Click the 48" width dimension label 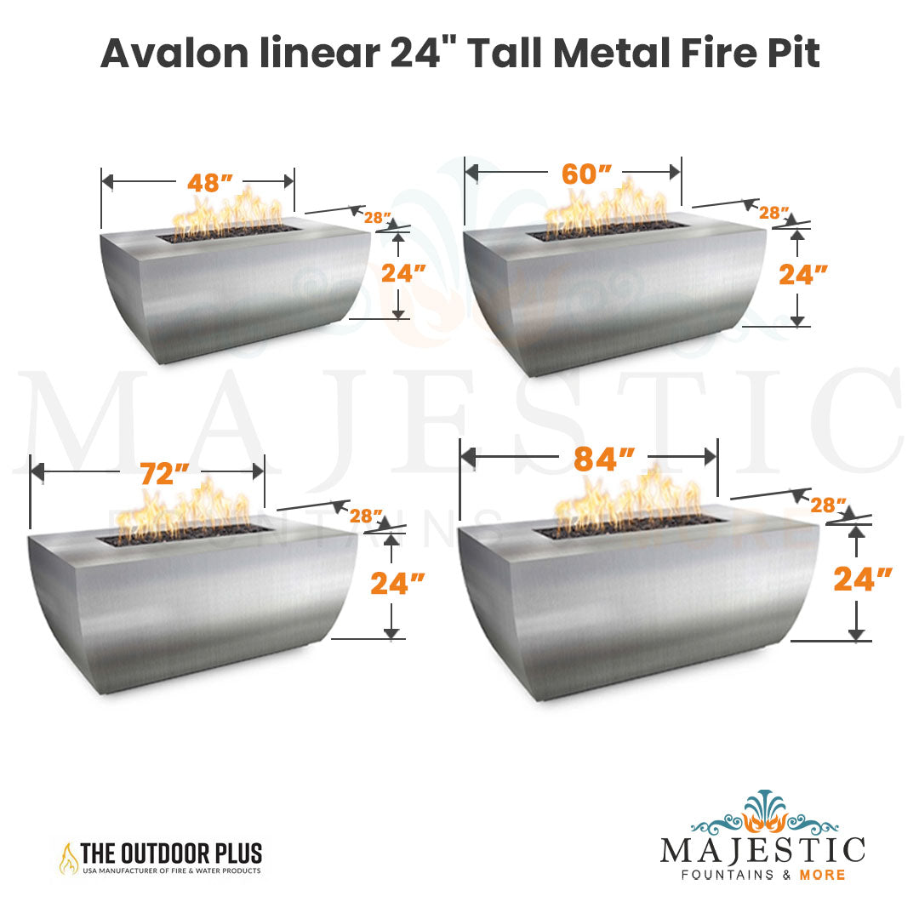[210, 183]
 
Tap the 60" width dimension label [586, 174]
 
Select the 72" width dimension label [165, 474]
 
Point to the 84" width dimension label [604, 459]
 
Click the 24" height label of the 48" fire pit [404, 273]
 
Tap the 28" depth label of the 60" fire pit [773, 213]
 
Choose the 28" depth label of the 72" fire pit [365, 516]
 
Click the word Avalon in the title [174, 54]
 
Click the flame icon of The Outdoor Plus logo [69, 859]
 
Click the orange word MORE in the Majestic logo [822, 875]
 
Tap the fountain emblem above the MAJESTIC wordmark [763, 813]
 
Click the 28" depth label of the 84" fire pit [829, 505]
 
